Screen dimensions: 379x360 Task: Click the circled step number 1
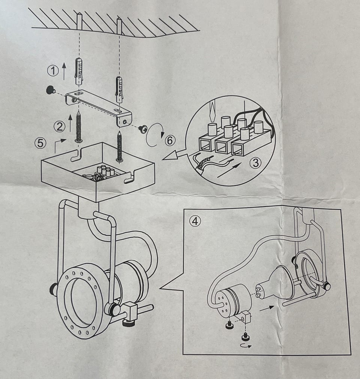53,70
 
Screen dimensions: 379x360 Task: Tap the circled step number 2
59,127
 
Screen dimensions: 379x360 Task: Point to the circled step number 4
195,221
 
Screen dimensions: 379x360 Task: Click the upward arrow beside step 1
64,71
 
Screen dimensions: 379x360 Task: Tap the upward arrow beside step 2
69,123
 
